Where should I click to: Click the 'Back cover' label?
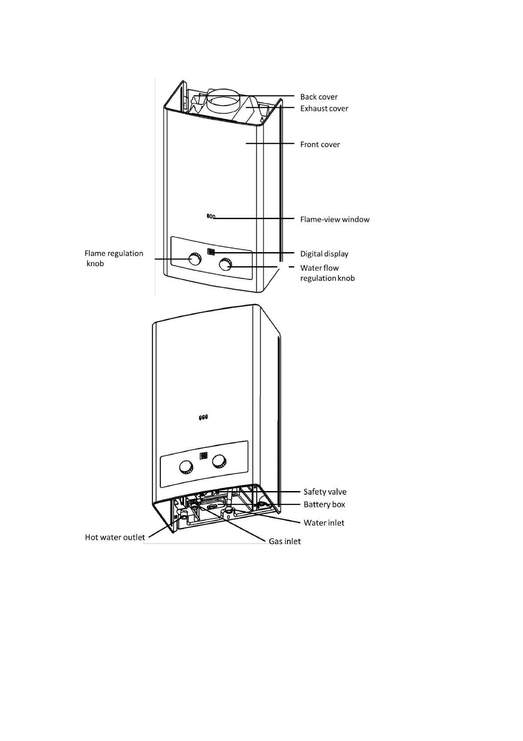click(319, 97)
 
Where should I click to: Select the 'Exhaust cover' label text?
click(324, 108)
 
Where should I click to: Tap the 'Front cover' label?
click(320, 144)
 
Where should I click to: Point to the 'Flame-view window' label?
click(334, 219)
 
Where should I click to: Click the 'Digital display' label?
click(324, 253)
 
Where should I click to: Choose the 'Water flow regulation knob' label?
click(327, 273)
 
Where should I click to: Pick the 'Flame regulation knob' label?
click(113, 258)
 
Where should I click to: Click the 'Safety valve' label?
click(325, 492)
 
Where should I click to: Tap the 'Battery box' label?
click(324, 504)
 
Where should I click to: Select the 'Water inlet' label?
click(324, 523)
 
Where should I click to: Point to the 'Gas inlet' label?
click(285, 541)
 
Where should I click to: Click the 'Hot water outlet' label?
click(115, 537)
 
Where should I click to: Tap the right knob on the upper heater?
click(225, 265)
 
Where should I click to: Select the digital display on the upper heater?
click(211, 252)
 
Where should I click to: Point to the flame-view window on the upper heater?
click(211, 216)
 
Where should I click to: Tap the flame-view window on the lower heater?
click(203, 417)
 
